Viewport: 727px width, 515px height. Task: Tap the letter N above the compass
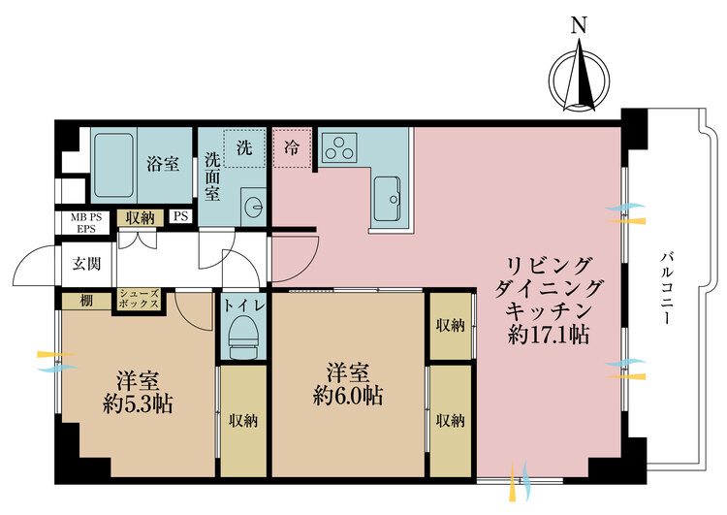579,27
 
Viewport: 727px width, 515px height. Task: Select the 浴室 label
163,163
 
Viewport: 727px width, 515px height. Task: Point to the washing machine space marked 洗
244,148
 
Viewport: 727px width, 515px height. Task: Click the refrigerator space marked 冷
292,148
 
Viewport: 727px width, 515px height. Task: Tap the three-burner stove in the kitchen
340,148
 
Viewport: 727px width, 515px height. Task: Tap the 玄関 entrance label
86,262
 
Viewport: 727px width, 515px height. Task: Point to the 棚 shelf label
86,301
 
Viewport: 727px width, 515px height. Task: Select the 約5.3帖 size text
138,403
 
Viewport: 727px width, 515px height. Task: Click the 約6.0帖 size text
346,396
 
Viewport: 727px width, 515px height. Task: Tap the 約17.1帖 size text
549,334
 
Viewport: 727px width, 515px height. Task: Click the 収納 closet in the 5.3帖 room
242,420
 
